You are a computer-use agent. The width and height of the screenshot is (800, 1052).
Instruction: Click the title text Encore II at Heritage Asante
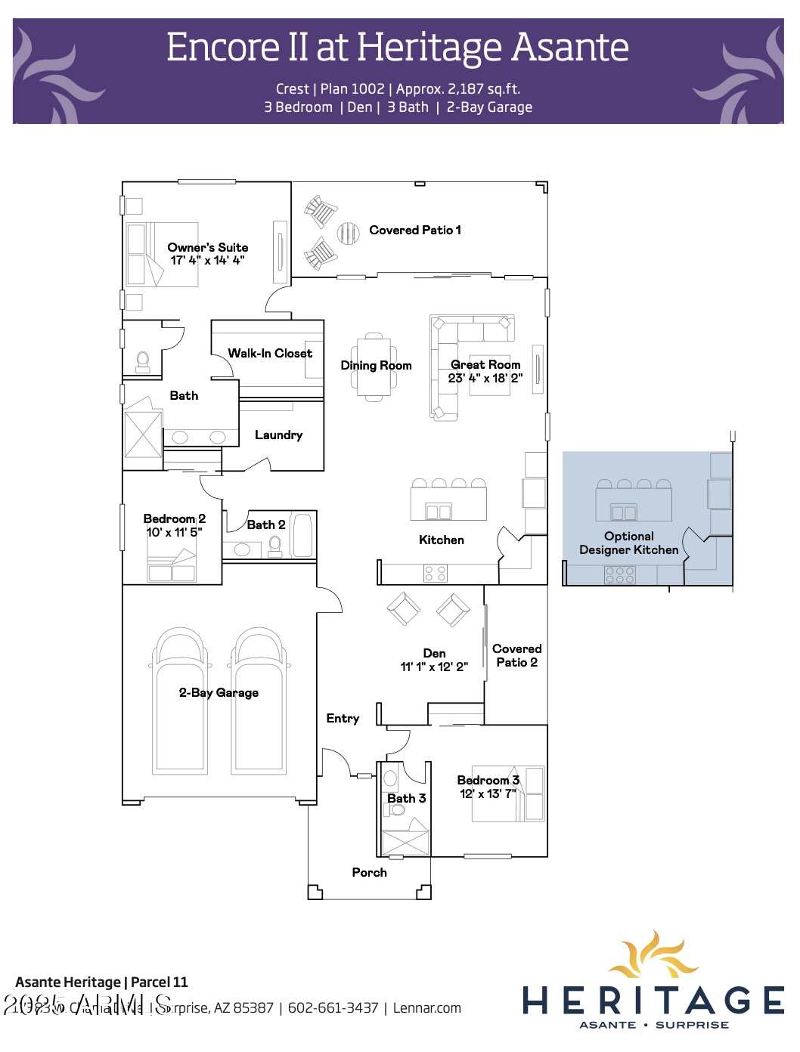coord(397,48)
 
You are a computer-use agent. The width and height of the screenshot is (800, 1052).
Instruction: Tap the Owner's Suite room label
coord(208,247)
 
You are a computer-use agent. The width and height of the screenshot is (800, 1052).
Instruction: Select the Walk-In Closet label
coord(270,353)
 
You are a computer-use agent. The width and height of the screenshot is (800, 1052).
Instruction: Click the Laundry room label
coord(278,435)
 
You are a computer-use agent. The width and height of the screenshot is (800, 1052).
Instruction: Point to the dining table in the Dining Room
coord(374,367)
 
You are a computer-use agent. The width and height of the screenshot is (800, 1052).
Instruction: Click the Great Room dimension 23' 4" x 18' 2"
coord(485,378)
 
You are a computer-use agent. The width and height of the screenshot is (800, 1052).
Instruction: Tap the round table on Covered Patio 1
coord(348,233)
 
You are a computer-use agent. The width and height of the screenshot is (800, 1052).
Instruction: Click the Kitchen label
coord(442,540)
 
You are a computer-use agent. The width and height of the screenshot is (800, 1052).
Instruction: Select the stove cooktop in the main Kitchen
coord(436,574)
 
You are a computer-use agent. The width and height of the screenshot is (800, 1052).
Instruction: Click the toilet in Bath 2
coord(275,545)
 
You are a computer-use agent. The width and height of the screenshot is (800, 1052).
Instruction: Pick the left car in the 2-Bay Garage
coord(180,699)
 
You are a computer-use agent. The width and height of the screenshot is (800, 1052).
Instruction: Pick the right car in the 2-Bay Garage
coord(259,699)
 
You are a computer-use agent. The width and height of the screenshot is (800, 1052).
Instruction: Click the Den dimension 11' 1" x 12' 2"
coord(434,667)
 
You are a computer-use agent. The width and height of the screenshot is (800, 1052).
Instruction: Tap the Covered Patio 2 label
coord(516,655)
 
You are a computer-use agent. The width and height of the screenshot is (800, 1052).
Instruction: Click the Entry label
coord(343,718)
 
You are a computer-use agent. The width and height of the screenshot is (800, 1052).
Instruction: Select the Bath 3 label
coord(407,798)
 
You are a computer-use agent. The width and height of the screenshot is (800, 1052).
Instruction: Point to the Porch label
coord(369,872)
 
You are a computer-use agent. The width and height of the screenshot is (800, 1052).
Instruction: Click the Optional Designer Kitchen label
coord(628,543)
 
